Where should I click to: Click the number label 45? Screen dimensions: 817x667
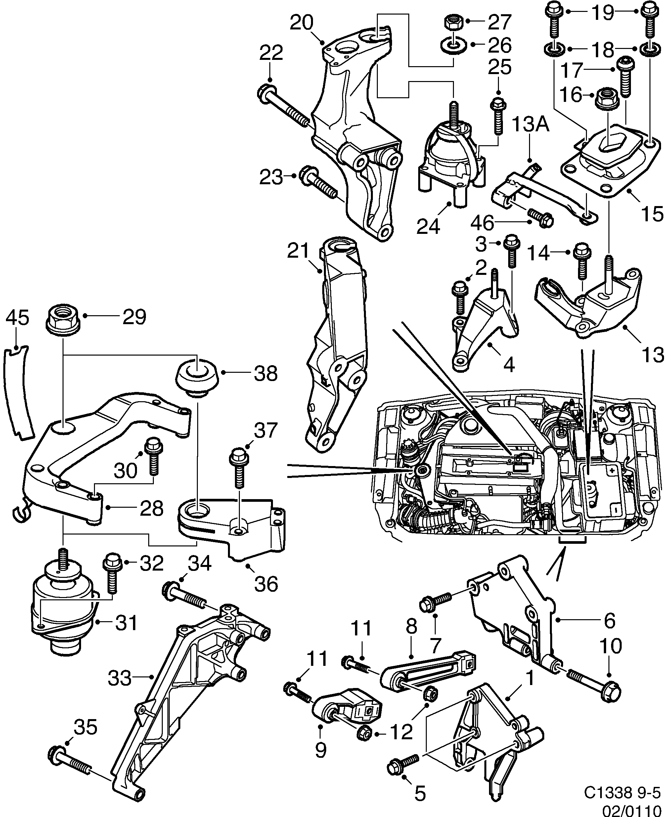click(17, 319)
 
